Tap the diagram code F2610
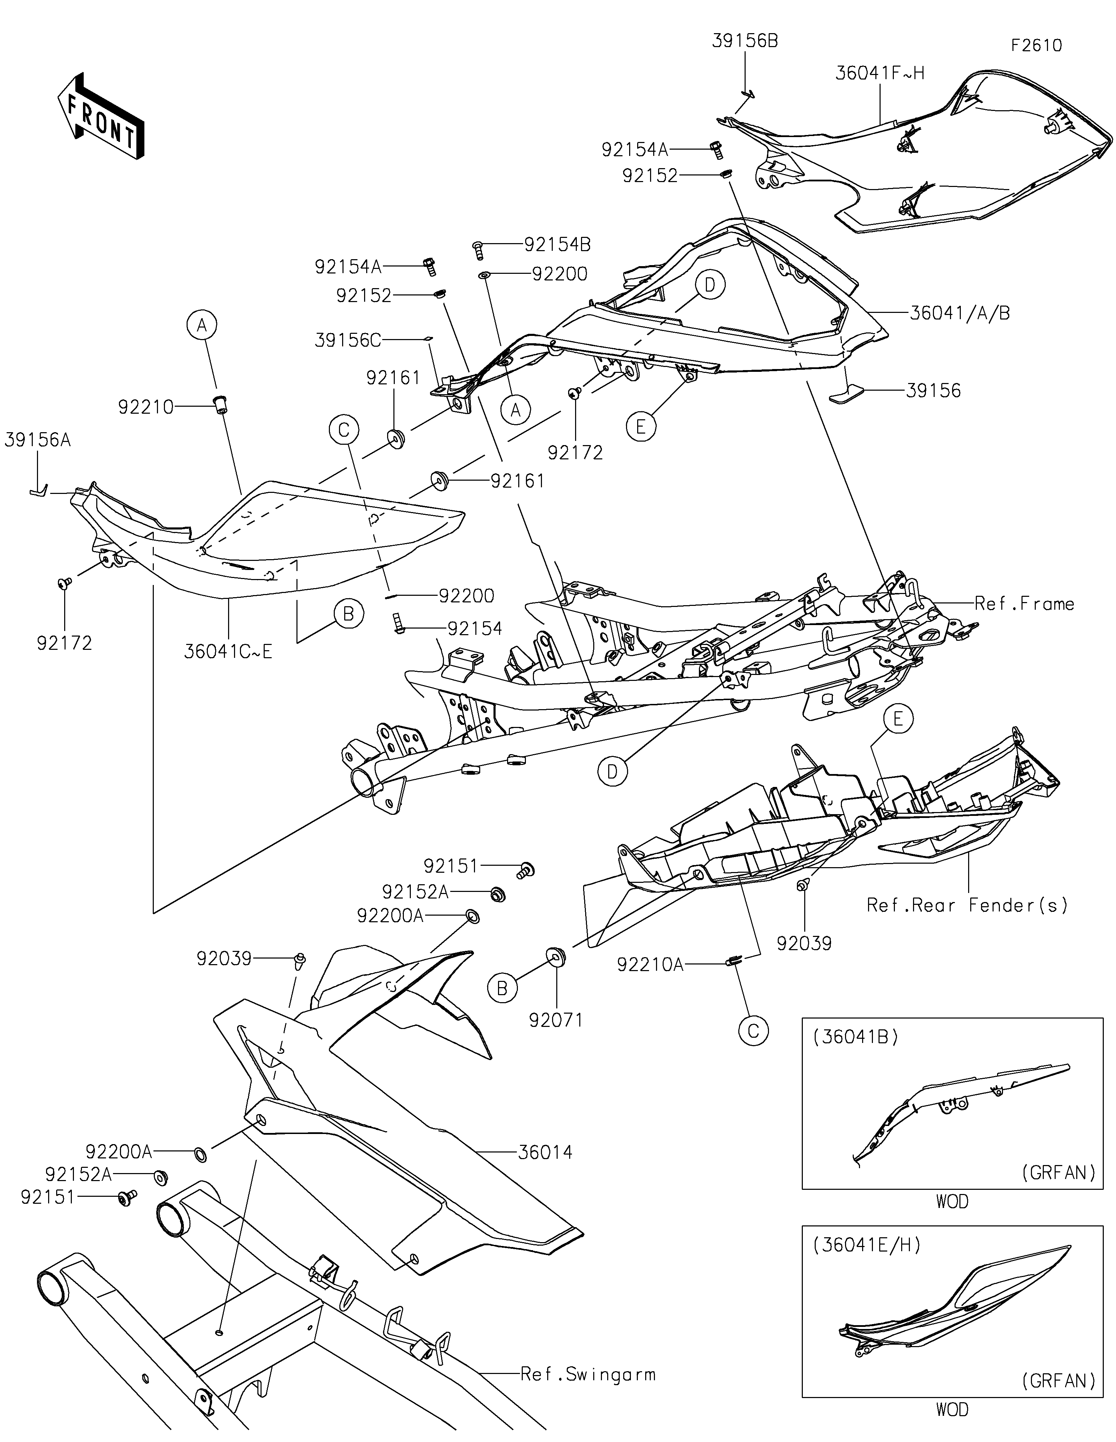click(x=1036, y=46)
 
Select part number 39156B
click(x=745, y=41)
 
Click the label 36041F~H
click(x=880, y=73)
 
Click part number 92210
click(x=146, y=407)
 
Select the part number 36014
click(x=545, y=1153)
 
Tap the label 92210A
click(x=650, y=965)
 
